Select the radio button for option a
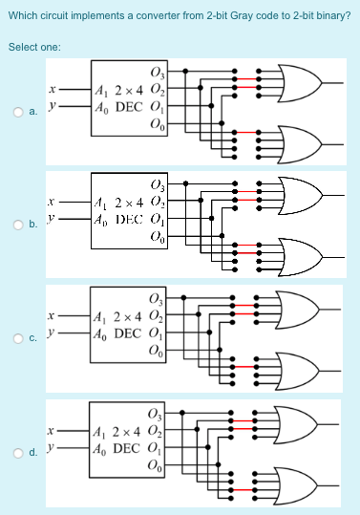[x=18, y=113]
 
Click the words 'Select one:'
[x=34, y=47]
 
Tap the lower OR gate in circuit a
[x=300, y=142]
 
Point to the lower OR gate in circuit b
[x=300, y=255]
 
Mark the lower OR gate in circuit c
[x=300, y=367]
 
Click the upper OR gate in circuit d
[x=300, y=421]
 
